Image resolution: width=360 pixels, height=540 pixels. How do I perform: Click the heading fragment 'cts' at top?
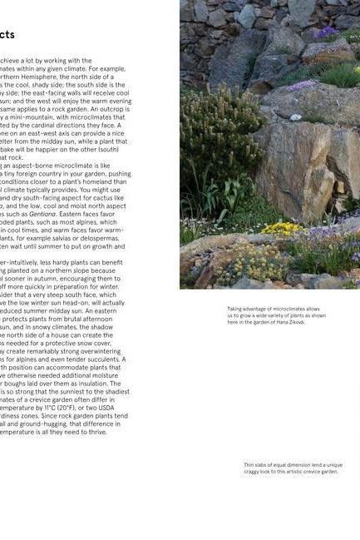(x=7, y=35)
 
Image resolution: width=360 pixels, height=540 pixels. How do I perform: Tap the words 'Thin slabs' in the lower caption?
(x=254, y=465)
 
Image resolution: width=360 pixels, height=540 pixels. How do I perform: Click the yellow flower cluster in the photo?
(x=283, y=227)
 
